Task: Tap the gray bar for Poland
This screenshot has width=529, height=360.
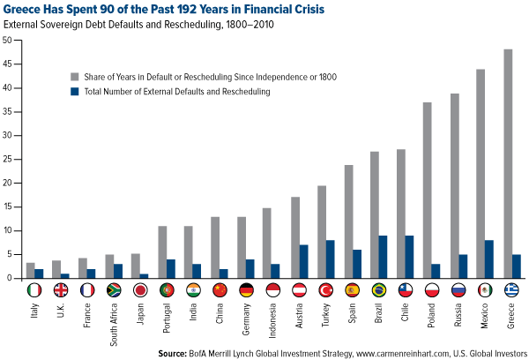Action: pos(426,191)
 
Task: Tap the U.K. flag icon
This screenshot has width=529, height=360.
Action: pos(60,289)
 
